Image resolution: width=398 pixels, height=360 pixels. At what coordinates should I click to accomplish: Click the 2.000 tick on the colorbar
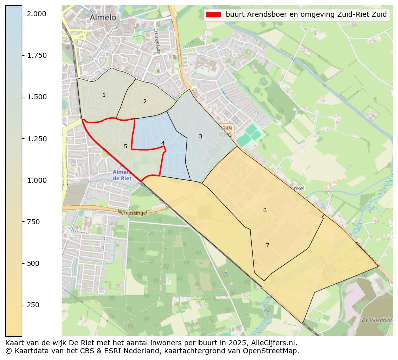[x=36, y=14]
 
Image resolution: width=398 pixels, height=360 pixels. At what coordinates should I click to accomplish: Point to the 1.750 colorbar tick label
[x=36, y=55]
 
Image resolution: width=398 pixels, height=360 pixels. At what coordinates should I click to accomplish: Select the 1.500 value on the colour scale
[x=36, y=97]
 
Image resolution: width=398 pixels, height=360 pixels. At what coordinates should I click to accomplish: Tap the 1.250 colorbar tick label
[x=36, y=139]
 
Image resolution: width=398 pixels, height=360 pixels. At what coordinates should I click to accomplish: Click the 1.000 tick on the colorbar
[x=36, y=180]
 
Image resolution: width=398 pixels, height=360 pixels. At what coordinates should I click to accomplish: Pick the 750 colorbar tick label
[x=33, y=222]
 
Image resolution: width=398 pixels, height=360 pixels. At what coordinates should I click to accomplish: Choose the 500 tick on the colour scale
[x=33, y=263]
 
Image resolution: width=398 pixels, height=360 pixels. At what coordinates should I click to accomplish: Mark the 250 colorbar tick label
[x=33, y=305]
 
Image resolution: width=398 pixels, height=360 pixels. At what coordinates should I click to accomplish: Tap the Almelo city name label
[x=103, y=17]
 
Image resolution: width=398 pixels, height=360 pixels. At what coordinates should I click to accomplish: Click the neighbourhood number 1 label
[x=104, y=95]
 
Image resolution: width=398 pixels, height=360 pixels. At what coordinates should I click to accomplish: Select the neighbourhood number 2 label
[x=145, y=101]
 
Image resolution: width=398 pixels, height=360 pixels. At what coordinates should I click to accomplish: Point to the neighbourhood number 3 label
[x=200, y=136]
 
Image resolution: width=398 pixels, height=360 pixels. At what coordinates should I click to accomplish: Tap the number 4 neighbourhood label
[x=163, y=143]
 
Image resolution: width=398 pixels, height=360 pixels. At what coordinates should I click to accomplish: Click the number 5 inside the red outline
[x=125, y=146]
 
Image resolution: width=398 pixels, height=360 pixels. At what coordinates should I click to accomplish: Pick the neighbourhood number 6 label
[x=265, y=210]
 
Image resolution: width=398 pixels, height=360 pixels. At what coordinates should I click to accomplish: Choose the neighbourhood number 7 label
[x=267, y=245]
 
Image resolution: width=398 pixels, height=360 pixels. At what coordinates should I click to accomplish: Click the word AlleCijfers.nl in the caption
[x=273, y=343]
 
